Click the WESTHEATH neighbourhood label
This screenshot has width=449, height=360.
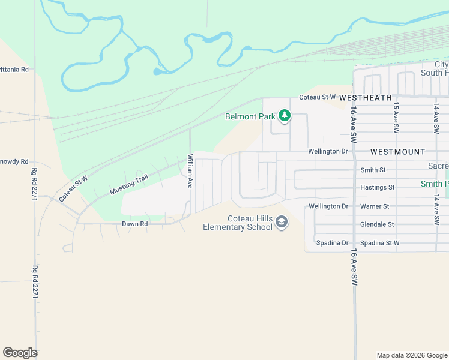coord(366,97)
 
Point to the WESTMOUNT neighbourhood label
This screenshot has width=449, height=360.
coord(397,152)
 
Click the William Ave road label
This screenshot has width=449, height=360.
coord(190,172)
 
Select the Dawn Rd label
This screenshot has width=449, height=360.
coord(134,224)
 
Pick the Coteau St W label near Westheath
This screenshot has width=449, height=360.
coord(316,97)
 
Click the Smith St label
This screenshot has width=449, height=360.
coord(373,170)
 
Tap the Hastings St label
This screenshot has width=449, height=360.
coord(377,188)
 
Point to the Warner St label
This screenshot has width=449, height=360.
coord(375,206)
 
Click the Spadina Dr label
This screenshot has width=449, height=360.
coord(332,243)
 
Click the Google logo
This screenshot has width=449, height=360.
coord(20,353)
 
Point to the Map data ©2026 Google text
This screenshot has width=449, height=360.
coord(412,355)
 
